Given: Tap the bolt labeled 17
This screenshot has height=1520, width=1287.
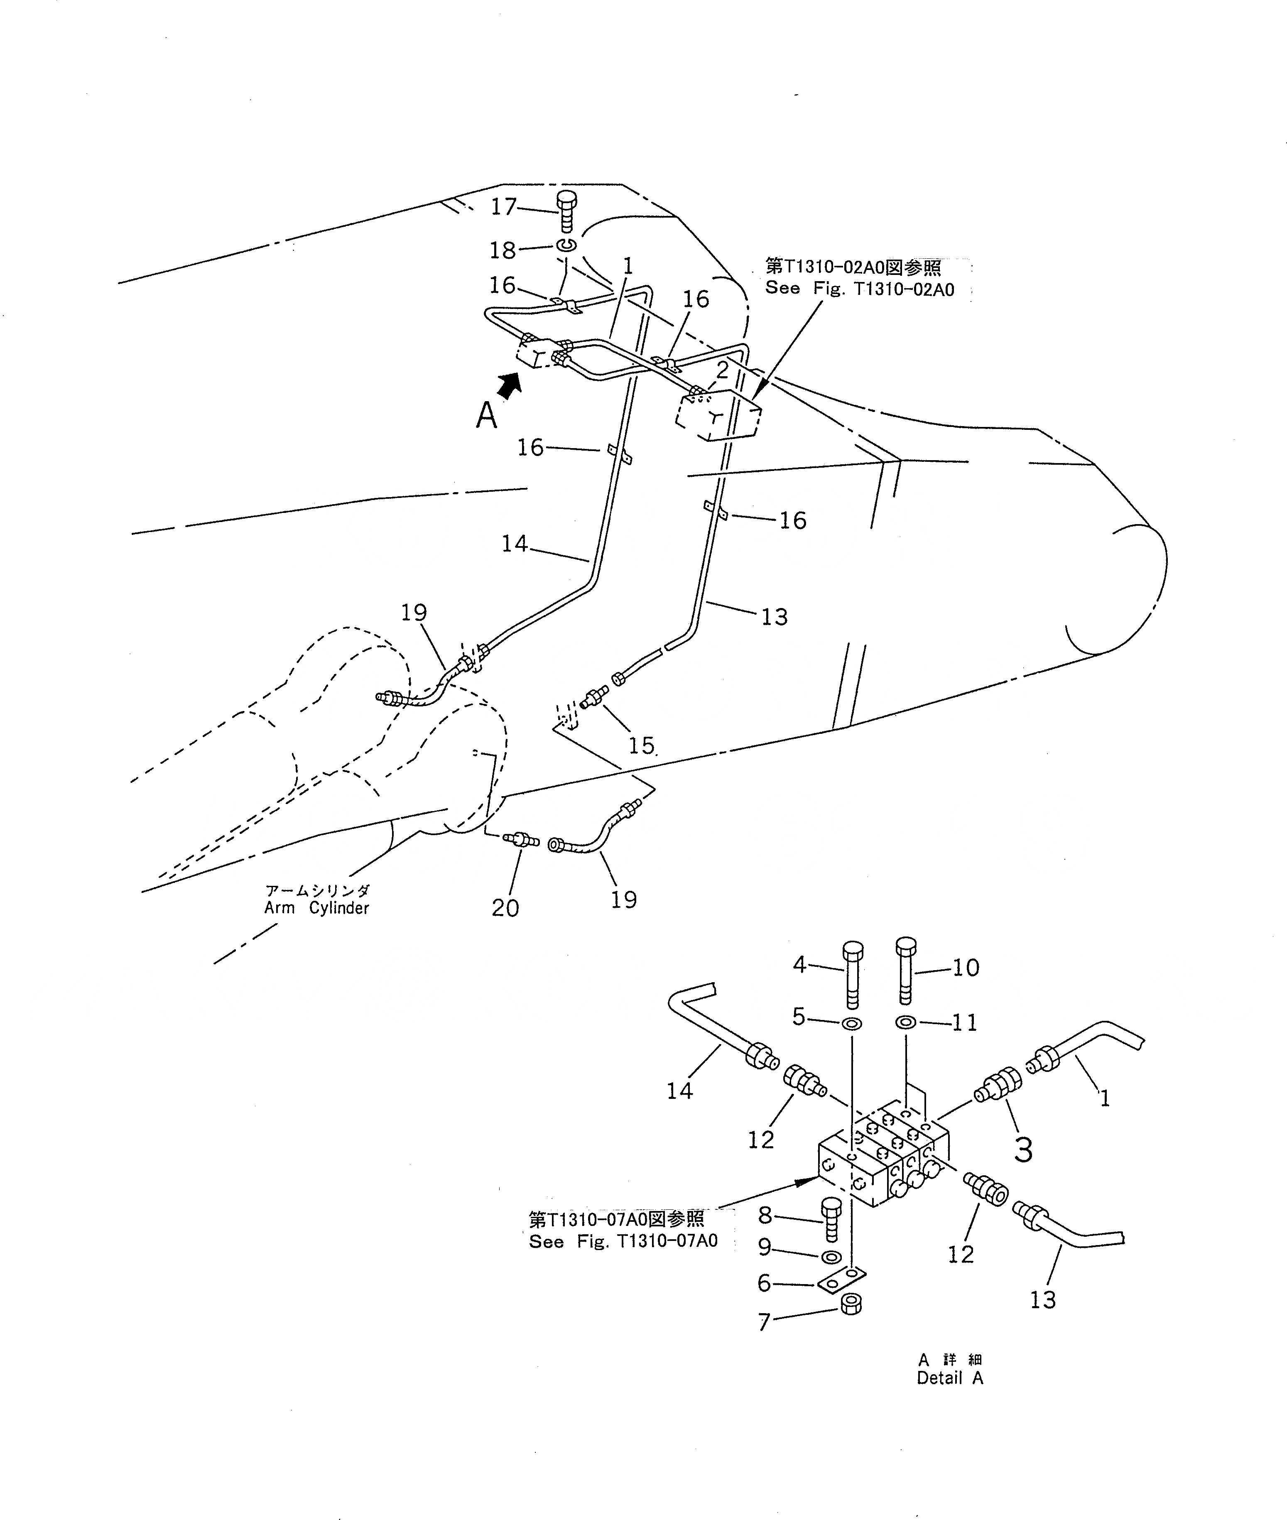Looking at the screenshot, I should (566, 210).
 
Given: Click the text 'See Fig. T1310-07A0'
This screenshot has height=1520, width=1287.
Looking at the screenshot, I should (623, 1241).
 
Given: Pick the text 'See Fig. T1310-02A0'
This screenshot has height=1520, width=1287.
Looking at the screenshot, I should (860, 289).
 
